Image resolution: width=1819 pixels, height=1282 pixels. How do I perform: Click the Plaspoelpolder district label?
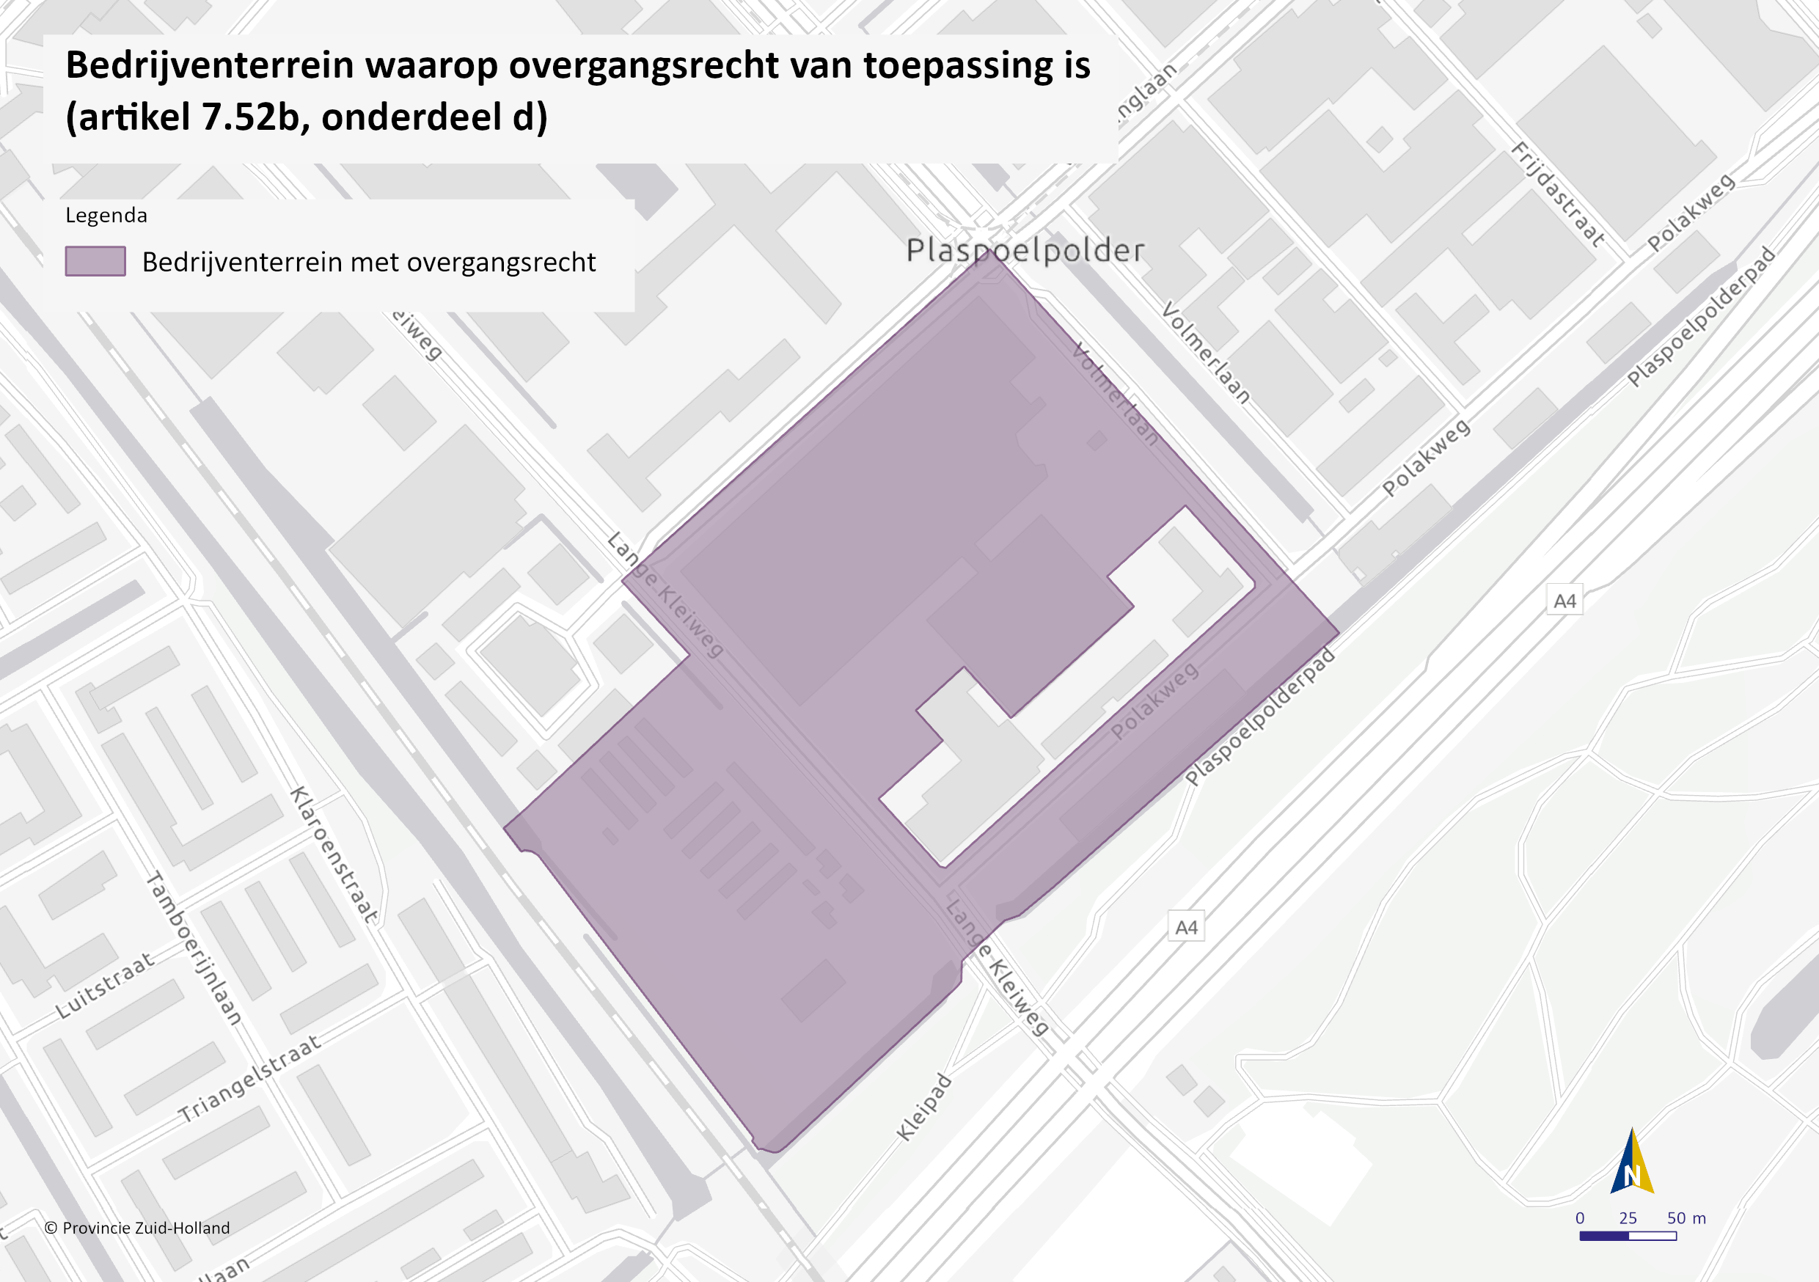click(1025, 250)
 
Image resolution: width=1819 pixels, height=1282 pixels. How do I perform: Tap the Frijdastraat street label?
click(1559, 194)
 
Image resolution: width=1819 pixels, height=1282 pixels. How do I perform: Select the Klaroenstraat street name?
click(334, 855)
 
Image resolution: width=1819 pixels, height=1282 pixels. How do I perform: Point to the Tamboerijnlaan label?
click(194, 948)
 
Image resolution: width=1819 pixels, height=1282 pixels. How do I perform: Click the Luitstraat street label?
click(105, 986)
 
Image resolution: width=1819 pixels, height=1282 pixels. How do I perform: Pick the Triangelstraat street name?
click(249, 1079)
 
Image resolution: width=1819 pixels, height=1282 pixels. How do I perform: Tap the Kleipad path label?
click(923, 1107)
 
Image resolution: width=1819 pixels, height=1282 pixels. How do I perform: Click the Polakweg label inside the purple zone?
click(1154, 702)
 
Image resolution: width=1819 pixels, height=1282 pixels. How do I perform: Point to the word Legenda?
click(106, 216)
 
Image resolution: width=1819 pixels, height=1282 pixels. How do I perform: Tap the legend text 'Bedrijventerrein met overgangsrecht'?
click(368, 263)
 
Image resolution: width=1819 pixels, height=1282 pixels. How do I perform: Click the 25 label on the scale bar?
click(1628, 1217)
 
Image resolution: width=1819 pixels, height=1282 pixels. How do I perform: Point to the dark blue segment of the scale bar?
click(1604, 1235)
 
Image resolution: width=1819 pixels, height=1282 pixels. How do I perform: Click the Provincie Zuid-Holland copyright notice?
click(137, 1228)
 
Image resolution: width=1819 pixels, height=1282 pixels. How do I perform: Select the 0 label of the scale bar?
click(1580, 1217)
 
